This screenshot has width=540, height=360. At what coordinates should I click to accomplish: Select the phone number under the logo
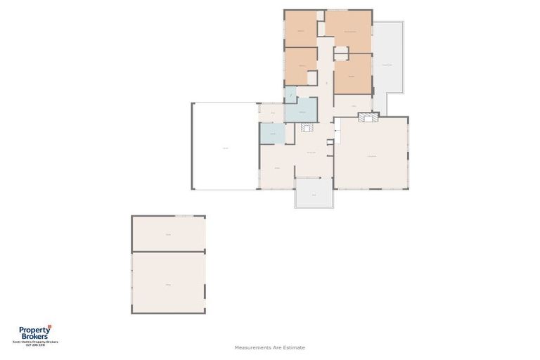pyautogui.click(x=34, y=345)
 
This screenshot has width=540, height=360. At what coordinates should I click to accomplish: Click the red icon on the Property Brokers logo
pyautogui.click(x=50, y=326)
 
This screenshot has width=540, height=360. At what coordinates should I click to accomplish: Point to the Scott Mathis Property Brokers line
pyautogui.click(x=34, y=342)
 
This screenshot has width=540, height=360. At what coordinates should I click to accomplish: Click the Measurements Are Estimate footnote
pyautogui.click(x=269, y=347)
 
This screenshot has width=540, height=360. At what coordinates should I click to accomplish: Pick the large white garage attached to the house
pyautogui.click(x=225, y=146)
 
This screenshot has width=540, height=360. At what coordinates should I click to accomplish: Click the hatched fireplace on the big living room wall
pyautogui.click(x=368, y=119)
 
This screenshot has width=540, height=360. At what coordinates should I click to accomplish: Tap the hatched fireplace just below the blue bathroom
pyautogui.click(x=307, y=127)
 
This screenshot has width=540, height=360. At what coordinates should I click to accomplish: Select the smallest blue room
pyautogui.click(x=290, y=93)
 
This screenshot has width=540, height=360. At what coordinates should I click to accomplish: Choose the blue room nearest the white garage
pyautogui.click(x=272, y=134)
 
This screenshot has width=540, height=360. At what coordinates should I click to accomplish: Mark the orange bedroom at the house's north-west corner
pyautogui.click(x=300, y=29)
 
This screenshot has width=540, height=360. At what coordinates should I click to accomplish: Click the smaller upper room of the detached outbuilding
pyautogui.click(x=168, y=233)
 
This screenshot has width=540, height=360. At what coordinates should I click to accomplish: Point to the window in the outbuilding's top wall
pyautogui.click(x=184, y=216)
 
